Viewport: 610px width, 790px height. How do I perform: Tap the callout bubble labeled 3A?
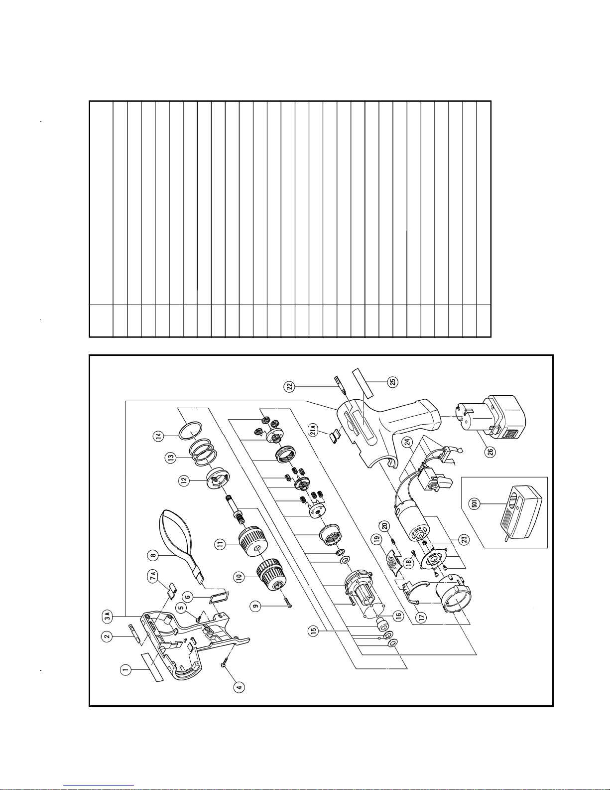point(107,618)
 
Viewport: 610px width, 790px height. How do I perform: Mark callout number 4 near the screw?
point(240,686)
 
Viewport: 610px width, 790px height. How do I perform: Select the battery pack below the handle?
point(490,416)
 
